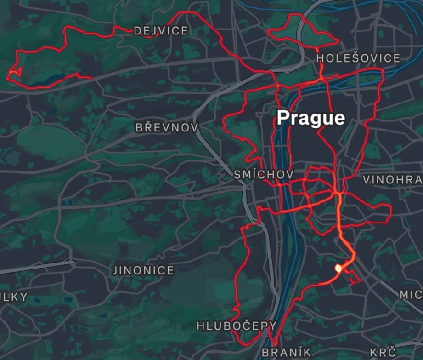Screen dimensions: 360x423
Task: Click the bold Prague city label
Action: [x=311, y=118]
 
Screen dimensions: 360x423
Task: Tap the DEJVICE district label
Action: [x=161, y=31]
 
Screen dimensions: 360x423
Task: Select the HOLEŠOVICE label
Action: [x=358, y=58]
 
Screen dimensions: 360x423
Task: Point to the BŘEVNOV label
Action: [x=167, y=127]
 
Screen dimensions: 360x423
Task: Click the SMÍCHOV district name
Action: [x=263, y=175]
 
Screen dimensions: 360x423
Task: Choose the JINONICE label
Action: [x=144, y=270]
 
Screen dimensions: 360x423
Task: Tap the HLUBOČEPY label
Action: [x=237, y=326]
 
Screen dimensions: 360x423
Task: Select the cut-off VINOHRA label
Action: [x=392, y=180]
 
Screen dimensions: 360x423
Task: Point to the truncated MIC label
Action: [x=411, y=295]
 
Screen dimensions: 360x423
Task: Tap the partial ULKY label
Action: [x=14, y=297]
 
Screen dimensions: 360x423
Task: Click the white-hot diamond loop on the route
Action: [x=338, y=267]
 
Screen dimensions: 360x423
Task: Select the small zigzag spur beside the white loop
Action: [x=352, y=277]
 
